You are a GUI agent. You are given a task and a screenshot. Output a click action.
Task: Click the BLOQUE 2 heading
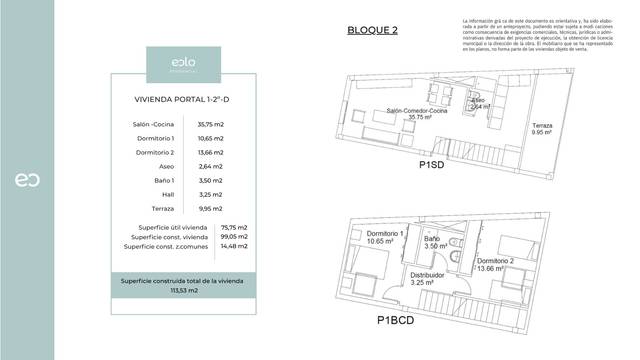coord(372,30)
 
